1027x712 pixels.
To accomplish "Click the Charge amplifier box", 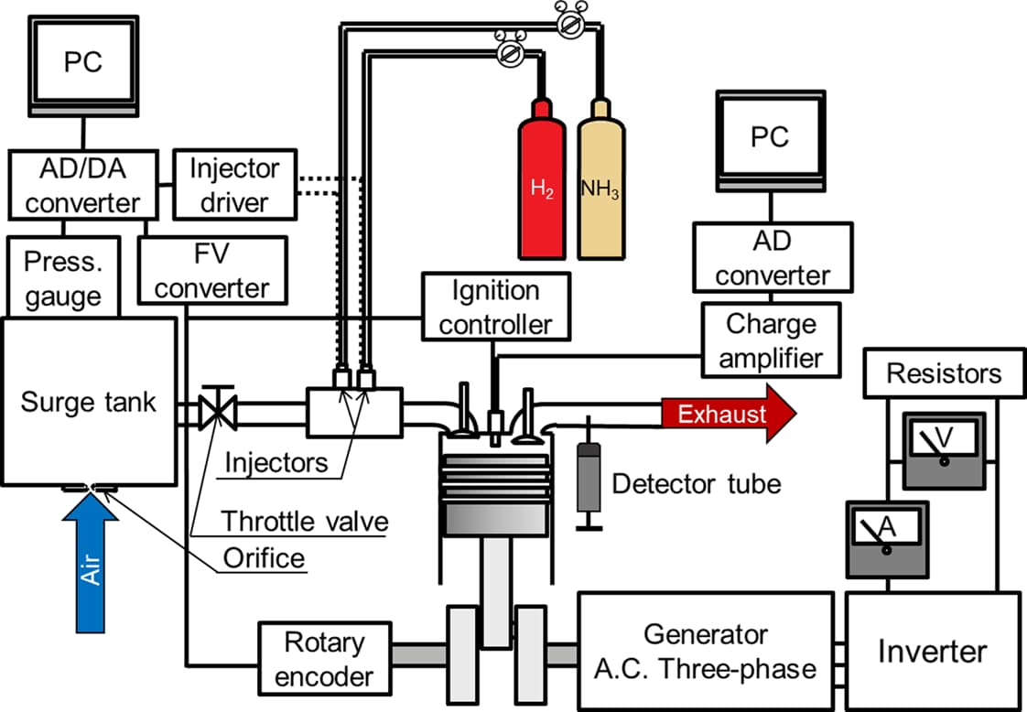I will tap(770, 340).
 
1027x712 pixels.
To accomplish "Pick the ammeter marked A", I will tap(887, 539).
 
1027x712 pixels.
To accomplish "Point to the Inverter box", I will tap(932, 651).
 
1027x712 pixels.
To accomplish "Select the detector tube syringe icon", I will tap(589, 481).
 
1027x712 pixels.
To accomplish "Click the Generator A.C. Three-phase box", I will tap(705, 651).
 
